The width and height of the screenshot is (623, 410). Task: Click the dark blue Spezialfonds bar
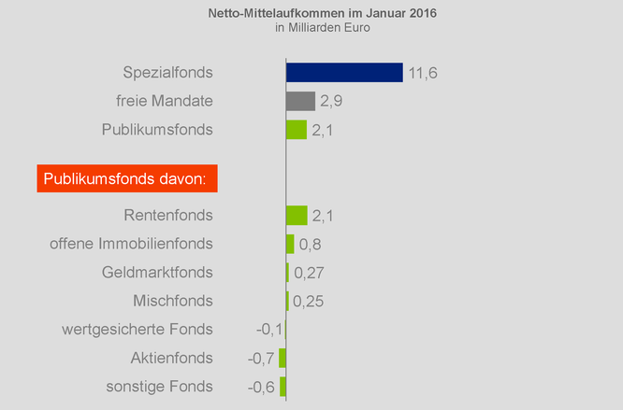tap(343, 72)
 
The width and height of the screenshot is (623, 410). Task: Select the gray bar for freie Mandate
tap(300, 101)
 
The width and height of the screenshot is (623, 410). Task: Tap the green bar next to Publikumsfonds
tap(296, 130)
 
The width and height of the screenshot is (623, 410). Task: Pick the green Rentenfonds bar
tap(296, 216)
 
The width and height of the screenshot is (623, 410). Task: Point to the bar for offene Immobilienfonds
tap(290, 244)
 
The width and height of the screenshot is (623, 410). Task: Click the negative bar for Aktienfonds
tap(283, 358)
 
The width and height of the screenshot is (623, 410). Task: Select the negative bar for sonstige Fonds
tap(283, 387)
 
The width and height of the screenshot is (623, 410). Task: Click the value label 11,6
tap(424, 73)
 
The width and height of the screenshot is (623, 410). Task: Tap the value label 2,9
tap(331, 101)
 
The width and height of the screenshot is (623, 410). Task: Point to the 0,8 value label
tap(311, 245)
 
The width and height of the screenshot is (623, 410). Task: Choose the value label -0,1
tap(269, 330)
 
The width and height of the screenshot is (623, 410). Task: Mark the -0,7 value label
tap(261, 359)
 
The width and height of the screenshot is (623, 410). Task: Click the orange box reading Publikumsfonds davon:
tap(127, 177)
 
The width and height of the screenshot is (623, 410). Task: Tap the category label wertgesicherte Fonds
tap(138, 330)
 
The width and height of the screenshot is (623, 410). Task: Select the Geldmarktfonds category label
tap(156, 273)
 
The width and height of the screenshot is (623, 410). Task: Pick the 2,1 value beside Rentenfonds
tap(324, 216)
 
